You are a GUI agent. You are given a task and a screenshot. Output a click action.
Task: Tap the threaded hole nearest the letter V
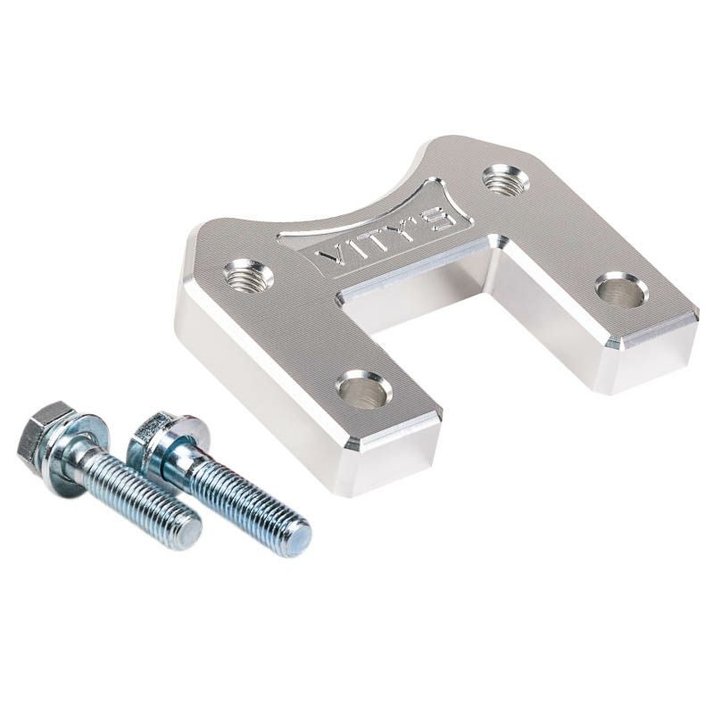pos(249,274)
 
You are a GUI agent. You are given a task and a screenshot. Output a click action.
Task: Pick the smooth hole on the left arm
pos(364,387)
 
